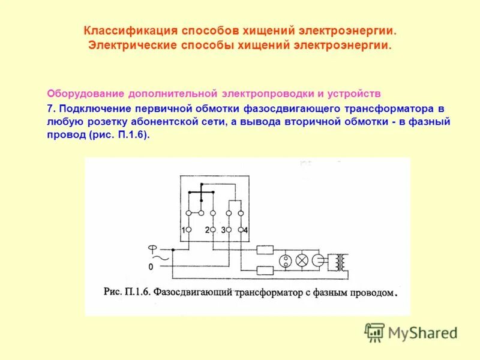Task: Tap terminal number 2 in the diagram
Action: pos(207,230)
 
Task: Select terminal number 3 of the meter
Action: pos(223,230)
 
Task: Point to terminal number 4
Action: pos(245,230)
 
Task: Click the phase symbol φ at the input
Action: pos(152,248)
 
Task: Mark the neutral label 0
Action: pos(151,266)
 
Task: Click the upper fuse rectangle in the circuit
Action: pos(265,250)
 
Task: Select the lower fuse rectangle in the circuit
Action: pos(265,270)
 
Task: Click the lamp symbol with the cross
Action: pos(303,260)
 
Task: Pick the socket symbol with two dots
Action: pos(286,260)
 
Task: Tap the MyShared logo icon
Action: pos(374,332)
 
